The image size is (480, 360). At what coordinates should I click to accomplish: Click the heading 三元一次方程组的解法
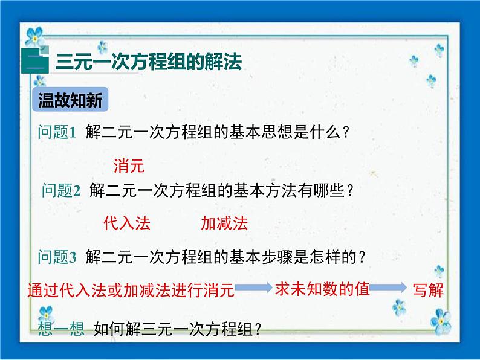pyautogui.click(x=148, y=63)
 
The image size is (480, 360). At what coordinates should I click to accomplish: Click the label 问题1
pyautogui.click(x=55, y=132)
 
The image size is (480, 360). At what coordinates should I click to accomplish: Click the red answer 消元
pyautogui.click(x=129, y=164)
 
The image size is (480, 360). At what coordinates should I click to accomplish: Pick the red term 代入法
pyautogui.click(x=127, y=223)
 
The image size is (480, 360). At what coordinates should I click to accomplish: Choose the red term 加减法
pyautogui.click(x=224, y=223)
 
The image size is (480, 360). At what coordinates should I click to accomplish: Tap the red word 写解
pyautogui.click(x=428, y=290)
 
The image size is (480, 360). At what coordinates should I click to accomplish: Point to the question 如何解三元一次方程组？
pyautogui.click(x=177, y=329)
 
